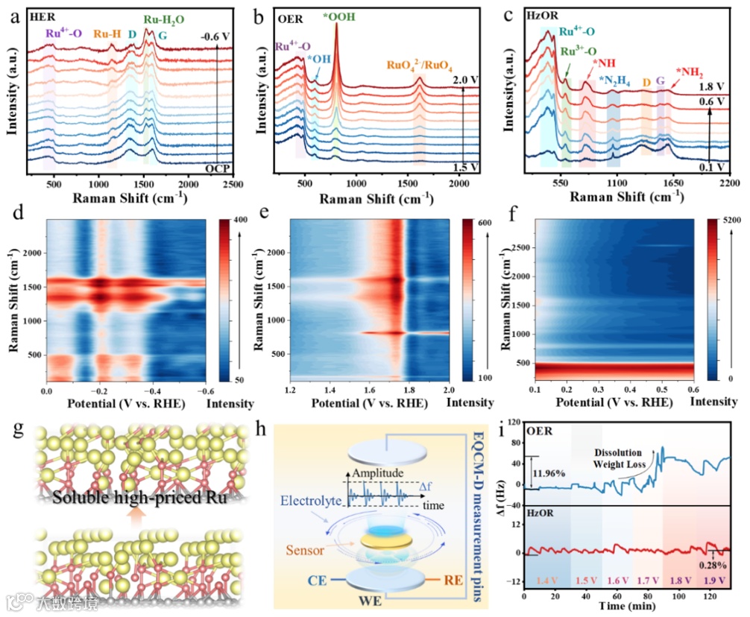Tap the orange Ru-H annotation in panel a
(x=107, y=34)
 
